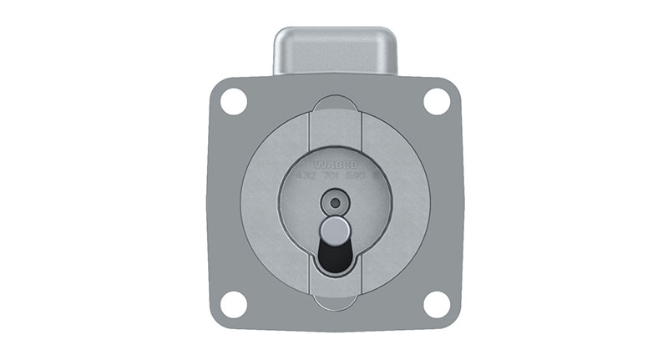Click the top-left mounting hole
[234, 101]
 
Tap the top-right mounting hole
[437, 101]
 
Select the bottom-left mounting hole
[234, 305]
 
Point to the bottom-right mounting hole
[437, 305]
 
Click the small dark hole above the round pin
[335, 202]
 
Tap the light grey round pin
[335, 230]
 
